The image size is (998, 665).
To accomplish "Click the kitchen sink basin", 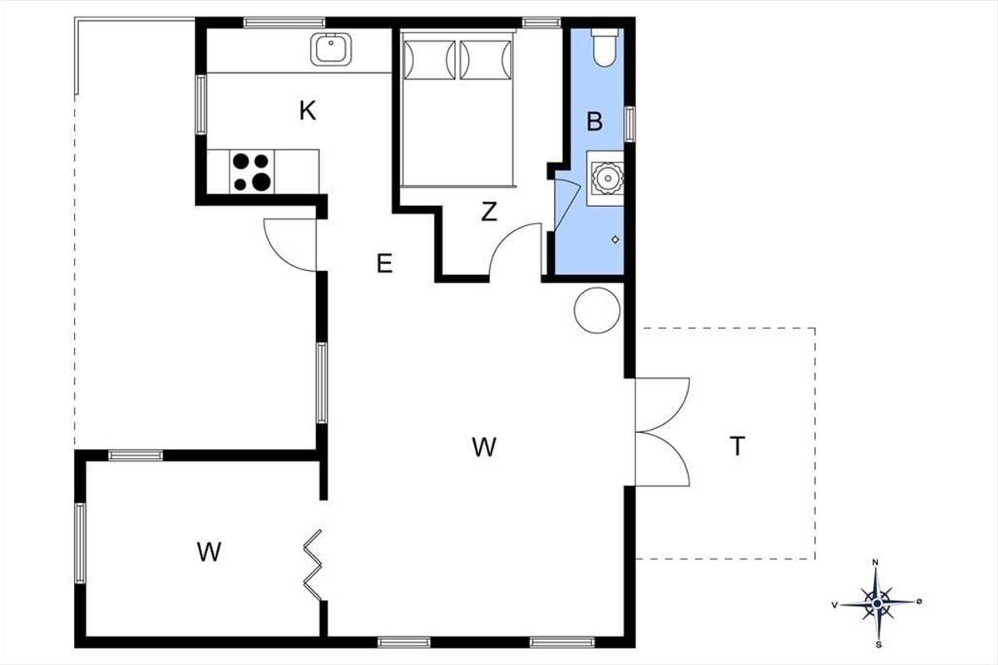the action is coord(331,49).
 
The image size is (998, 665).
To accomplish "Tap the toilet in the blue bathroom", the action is coord(605,47).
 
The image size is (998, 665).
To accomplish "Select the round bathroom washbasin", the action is coord(607,178).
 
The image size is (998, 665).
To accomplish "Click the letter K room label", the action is coord(308,111).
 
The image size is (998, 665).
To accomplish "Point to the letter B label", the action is coord(595,121).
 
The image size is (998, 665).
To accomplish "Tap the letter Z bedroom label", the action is coord(489,212).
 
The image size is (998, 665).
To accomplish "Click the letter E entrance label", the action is coord(384,264).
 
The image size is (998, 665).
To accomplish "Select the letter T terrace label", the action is coord(738,446).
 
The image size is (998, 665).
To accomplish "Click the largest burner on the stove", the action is coord(261,182).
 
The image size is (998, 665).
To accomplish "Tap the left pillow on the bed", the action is coord(429,60).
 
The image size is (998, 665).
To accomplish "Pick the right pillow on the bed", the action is coord(485,60).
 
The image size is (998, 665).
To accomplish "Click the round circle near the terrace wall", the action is coord(597,310).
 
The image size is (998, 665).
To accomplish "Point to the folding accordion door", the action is coord(313,564).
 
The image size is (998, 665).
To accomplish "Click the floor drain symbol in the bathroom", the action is coord(615,239).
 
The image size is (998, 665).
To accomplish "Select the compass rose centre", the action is coord(877,604).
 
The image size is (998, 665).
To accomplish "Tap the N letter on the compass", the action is coord(875,563).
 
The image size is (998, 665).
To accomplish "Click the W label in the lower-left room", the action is coord(209,552).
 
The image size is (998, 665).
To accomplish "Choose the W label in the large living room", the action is coord(484,447).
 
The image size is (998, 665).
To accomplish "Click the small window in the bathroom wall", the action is coord(630,124).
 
